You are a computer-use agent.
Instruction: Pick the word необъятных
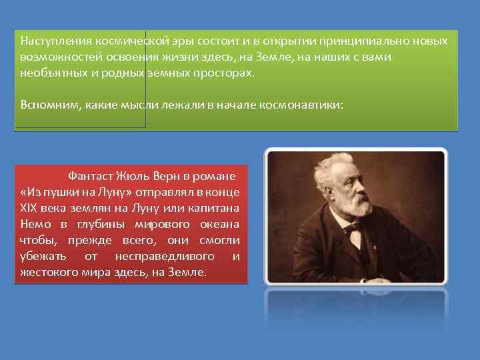tap(51, 73)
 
